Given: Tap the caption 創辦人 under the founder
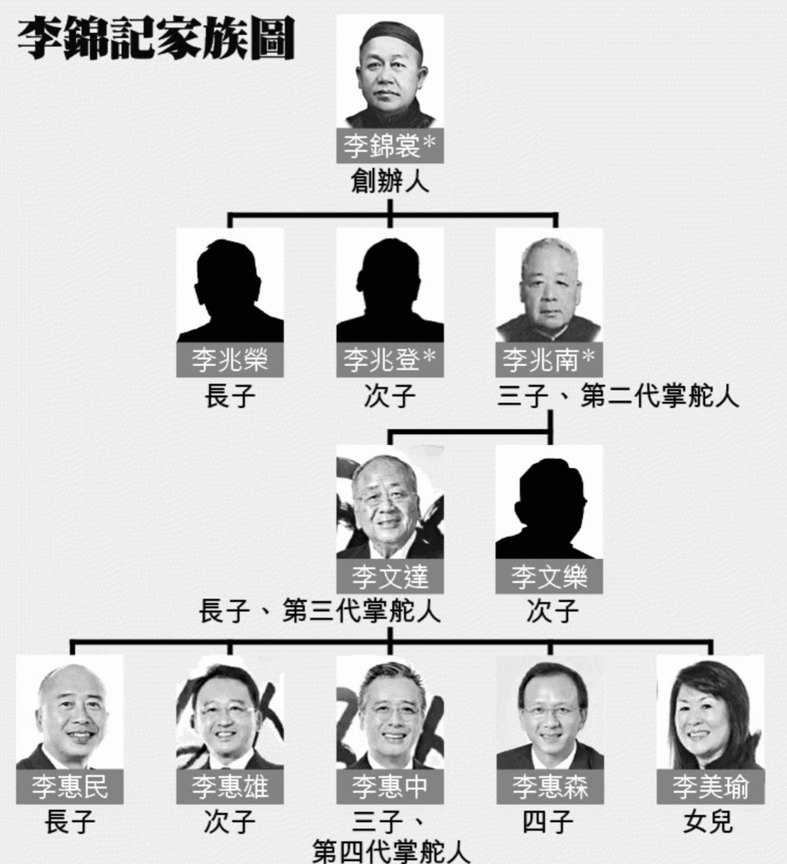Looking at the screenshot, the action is (x=389, y=181).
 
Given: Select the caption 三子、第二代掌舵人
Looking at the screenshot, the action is (x=617, y=395).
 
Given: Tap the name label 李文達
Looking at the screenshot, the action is (x=389, y=576).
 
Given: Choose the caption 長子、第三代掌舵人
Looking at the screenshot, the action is (x=320, y=610).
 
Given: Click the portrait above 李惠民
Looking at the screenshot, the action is (x=70, y=712).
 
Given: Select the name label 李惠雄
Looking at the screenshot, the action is (x=230, y=787).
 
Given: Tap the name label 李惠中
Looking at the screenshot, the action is (x=389, y=787).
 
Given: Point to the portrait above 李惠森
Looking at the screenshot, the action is (x=549, y=712).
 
